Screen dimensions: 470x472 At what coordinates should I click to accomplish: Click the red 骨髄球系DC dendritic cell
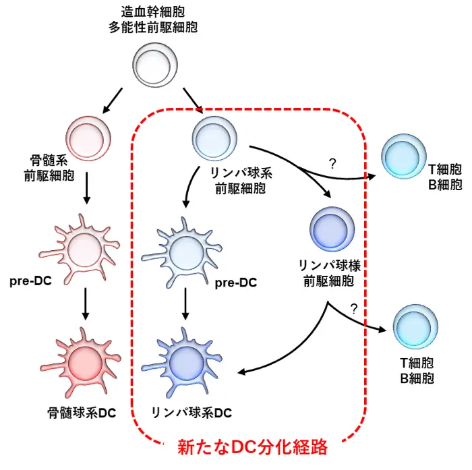[x=86, y=364]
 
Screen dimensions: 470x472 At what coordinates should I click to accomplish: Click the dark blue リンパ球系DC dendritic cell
[x=183, y=364]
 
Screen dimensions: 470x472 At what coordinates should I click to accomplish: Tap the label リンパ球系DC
[x=191, y=412]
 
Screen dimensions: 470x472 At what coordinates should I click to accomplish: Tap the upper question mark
[x=332, y=163]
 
